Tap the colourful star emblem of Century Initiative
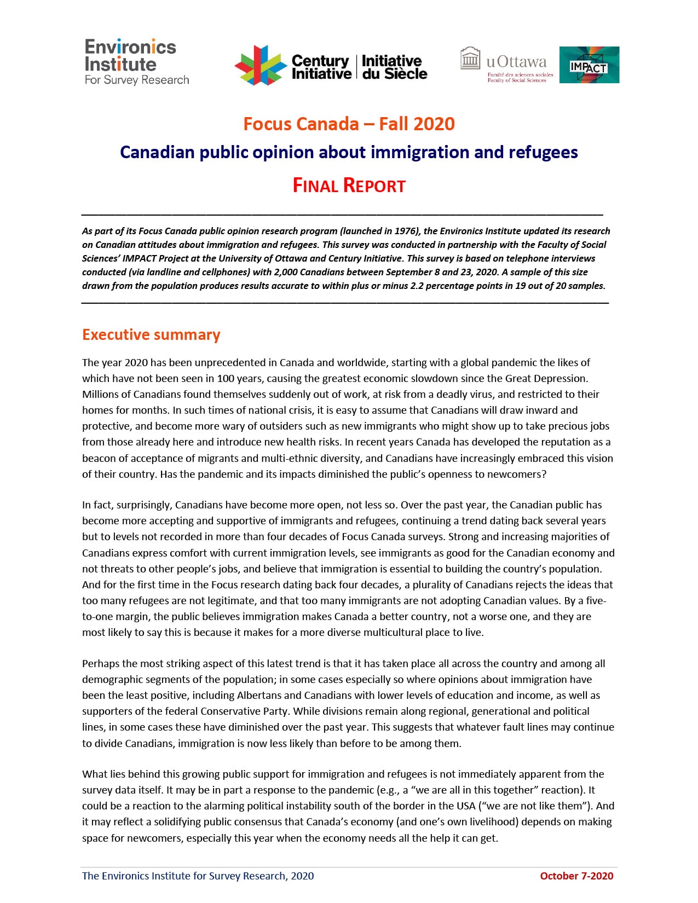261,66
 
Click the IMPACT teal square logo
589,65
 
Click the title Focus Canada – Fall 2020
349,124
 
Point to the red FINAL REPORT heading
349,186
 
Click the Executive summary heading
151,334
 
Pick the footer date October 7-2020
576,876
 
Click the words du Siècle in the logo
394,74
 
